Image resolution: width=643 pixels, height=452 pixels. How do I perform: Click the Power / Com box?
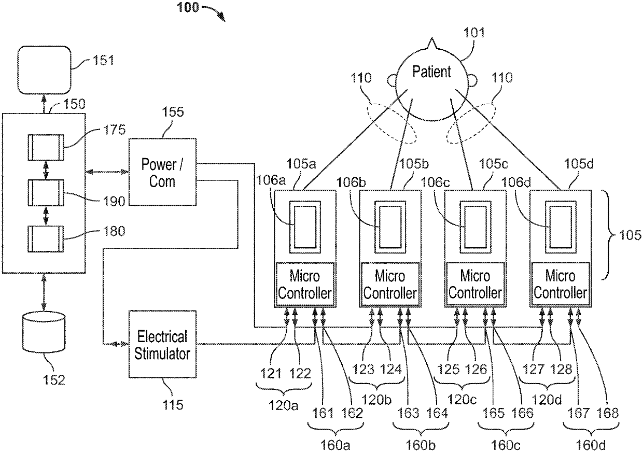pos(162,173)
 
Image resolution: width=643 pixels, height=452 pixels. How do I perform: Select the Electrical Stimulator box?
pos(162,345)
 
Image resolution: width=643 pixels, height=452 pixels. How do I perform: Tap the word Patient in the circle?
pos(431,72)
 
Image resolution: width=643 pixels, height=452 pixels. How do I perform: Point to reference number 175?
pos(114,130)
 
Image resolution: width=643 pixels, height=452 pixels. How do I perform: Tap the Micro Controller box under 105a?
pos(304,284)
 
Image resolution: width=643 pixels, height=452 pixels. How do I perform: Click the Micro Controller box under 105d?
pos(561,284)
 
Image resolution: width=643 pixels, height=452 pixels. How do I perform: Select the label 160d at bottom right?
pos(591,445)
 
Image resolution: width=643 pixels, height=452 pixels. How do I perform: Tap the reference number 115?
pos(173,404)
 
